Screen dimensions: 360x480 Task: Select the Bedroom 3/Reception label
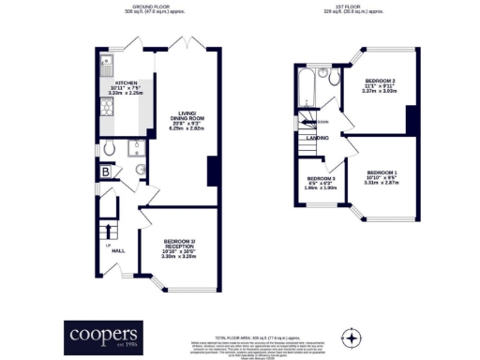(x=177, y=243)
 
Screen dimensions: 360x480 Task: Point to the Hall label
(x=119, y=249)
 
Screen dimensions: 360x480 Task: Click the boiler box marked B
(x=106, y=172)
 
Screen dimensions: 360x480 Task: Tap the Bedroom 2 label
(x=380, y=82)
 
